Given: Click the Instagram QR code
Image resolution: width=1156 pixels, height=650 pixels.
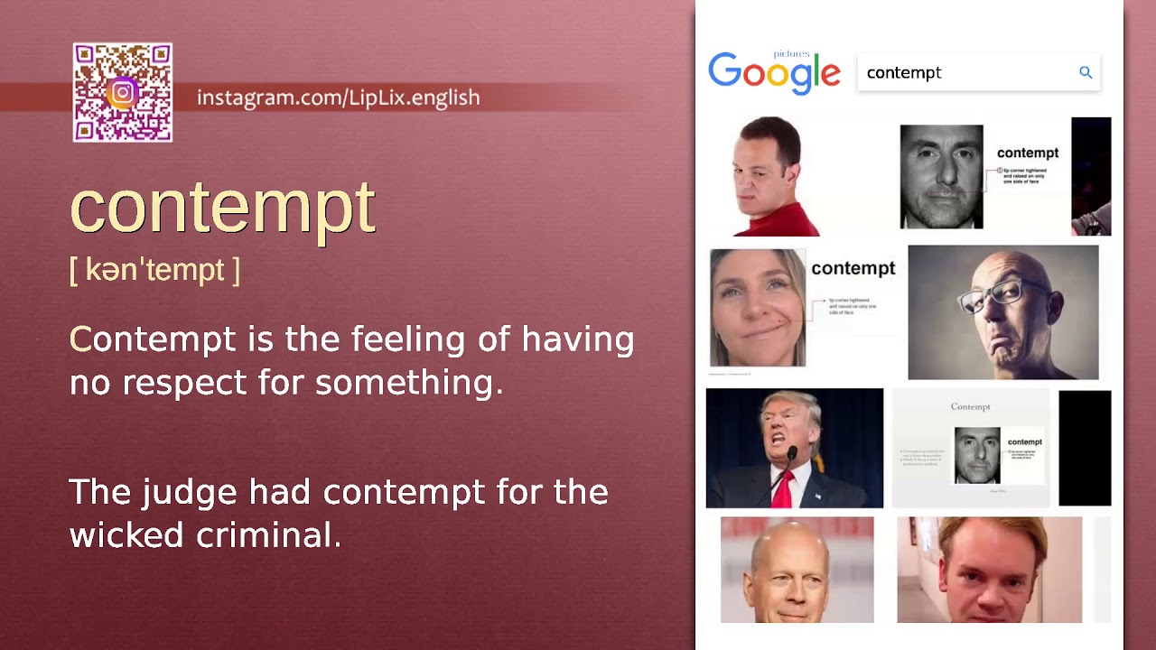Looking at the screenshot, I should coord(123,92).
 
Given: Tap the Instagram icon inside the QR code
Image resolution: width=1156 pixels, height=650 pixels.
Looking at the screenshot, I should coord(123,92).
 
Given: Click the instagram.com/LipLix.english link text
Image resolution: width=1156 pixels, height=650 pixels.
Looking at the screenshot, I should coord(338,97).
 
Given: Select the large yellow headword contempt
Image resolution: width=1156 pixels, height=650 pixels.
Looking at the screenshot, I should coord(222,208).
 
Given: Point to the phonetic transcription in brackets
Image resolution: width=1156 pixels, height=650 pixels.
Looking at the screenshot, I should coord(154,270).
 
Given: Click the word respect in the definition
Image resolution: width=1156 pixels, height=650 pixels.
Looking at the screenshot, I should coord(185,383).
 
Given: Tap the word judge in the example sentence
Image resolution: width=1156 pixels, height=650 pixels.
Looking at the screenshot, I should coord(191,493).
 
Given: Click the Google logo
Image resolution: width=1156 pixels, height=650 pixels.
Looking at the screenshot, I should coord(774,73).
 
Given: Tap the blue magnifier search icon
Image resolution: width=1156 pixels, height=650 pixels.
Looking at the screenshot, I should coord(1086,72).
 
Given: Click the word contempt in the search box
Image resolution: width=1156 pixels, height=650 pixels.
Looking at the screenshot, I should coord(904,73).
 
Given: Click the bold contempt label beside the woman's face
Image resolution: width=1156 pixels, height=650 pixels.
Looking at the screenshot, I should coord(853,268).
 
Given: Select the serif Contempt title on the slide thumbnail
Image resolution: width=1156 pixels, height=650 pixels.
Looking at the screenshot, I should coord(970,406).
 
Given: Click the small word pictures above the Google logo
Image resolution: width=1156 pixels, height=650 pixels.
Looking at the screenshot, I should coord(791,54).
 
